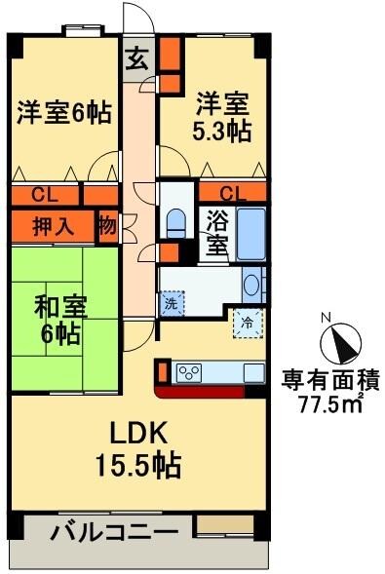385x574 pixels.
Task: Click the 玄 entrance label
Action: coord(137,58)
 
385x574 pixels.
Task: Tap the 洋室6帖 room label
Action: coord(62,113)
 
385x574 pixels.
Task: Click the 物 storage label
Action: coord(107,226)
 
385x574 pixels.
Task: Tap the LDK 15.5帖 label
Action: coord(140,446)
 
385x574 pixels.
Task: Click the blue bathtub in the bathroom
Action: coord(250,233)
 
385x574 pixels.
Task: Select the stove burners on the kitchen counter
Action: coord(188,371)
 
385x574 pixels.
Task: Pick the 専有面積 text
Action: coord(331,379)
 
